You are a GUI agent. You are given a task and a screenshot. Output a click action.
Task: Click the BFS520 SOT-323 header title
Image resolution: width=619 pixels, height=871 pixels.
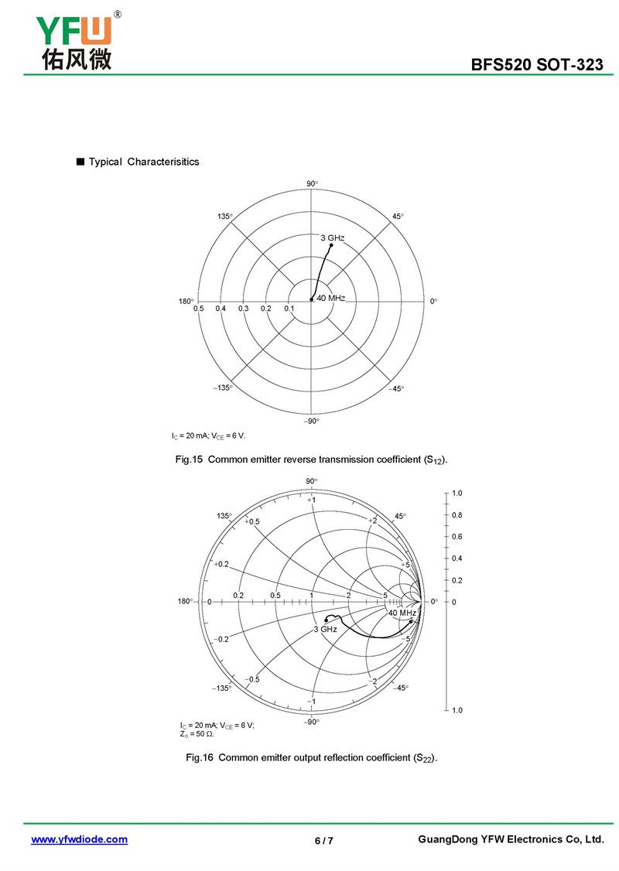537,65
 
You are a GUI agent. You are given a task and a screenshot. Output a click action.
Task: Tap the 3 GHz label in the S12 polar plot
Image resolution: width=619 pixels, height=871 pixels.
332,237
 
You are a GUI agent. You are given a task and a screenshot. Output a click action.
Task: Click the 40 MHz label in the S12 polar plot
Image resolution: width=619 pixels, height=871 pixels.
330,298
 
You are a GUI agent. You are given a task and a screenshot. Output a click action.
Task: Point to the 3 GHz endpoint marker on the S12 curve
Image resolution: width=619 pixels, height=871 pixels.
331,245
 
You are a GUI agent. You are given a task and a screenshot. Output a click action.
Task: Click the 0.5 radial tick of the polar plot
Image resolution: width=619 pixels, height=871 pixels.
199,309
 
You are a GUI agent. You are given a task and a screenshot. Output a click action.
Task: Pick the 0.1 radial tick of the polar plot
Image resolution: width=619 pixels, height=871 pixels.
289,309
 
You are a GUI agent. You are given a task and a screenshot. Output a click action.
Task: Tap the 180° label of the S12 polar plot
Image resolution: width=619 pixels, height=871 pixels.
186,301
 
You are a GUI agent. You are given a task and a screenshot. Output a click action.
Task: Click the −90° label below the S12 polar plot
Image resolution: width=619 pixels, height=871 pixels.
311,421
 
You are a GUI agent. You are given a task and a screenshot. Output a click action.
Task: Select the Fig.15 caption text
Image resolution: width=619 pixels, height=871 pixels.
312,460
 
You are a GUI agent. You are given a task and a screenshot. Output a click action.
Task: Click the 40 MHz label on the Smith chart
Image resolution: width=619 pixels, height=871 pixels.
402,613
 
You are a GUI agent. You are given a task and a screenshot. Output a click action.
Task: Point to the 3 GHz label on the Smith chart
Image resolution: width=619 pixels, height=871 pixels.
325,630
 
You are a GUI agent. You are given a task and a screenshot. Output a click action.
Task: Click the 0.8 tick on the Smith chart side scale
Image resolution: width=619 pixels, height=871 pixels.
457,514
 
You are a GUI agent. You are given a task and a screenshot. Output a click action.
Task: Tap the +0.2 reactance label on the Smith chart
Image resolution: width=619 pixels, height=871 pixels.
222,564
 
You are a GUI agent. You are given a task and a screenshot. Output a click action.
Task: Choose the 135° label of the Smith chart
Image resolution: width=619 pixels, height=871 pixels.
224,516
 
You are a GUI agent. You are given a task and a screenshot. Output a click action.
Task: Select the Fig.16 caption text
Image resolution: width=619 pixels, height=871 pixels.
312,758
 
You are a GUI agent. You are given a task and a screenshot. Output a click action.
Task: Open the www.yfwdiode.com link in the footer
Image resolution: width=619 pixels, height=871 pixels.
79,839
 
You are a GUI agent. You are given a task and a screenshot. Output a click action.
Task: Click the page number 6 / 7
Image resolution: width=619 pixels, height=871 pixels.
323,841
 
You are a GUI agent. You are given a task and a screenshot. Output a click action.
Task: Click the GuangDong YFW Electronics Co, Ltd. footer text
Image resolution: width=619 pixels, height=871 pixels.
510,839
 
